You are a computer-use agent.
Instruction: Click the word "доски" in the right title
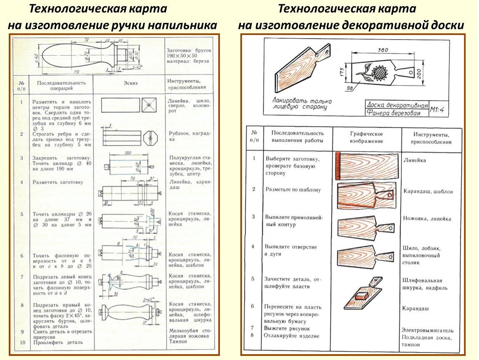(448, 26)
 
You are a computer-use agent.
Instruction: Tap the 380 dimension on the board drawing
(382, 50)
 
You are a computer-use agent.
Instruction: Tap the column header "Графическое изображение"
(366, 137)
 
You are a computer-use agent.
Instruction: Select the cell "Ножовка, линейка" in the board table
(427, 218)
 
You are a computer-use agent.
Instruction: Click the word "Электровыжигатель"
(427, 330)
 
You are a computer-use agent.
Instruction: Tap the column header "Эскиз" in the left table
(130, 83)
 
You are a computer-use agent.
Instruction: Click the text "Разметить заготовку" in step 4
(57, 182)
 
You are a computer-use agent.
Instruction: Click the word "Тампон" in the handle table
(178, 341)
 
